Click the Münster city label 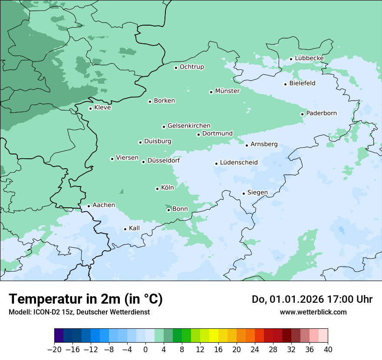coord(227,91)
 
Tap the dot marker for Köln coord(157,189)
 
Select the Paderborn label coord(321,113)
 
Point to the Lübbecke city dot coord(291,59)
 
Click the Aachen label coord(104,205)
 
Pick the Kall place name coord(134,228)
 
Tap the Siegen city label coord(257,192)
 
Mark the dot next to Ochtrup coord(176,68)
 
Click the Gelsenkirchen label coord(189,125)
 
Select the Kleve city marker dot coord(90,108)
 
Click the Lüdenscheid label coord(239,162)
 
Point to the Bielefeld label coord(302,83)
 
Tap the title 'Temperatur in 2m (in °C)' coord(86,299)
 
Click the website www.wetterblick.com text coord(313,312)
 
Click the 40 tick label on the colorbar coord(328,350)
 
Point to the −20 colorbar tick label coord(54,350)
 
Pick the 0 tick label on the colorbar coord(145,350)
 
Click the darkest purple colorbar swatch coord(59,336)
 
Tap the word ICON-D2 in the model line coord(44,312)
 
